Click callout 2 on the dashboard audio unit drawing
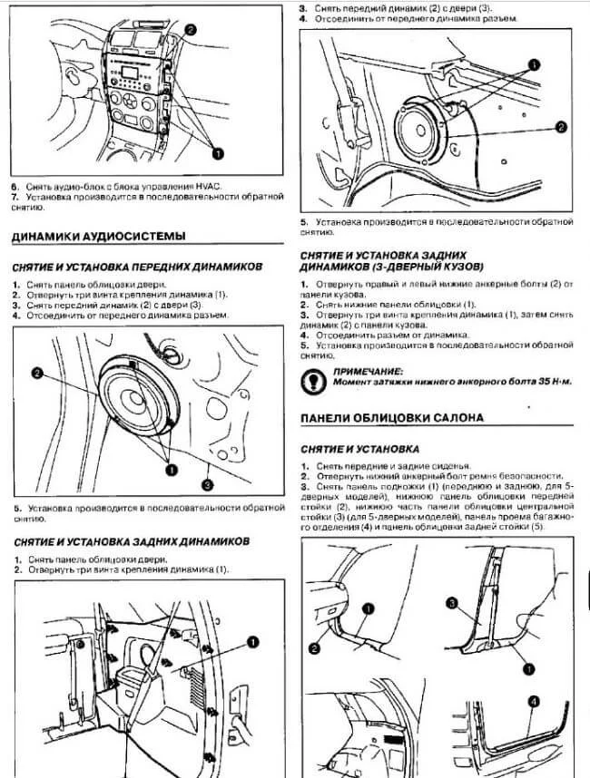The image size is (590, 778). pos(190,29)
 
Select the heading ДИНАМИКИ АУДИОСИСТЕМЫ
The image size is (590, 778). pos(98,236)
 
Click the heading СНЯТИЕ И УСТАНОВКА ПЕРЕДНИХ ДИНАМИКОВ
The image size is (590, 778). pos(137,267)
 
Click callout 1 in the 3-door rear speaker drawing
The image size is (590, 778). pos(533,65)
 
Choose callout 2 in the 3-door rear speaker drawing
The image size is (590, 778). pos(561,127)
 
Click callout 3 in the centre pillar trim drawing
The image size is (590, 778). pos(451,602)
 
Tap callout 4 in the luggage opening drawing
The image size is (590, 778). pos(533,701)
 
